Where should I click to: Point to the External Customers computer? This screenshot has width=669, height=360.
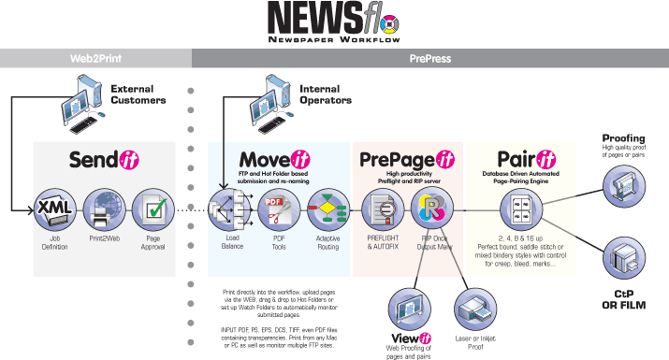pyautogui.click(x=80, y=98)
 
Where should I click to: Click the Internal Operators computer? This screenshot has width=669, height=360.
pyautogui.click(x=270, y=98)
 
